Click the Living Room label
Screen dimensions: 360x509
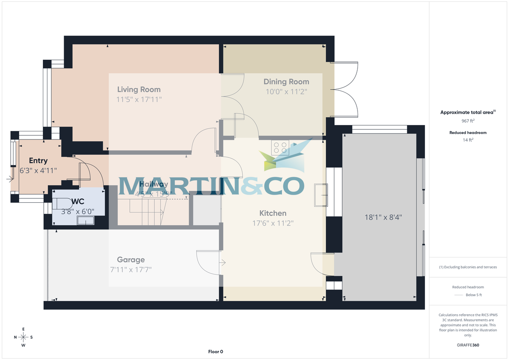coord(139,89)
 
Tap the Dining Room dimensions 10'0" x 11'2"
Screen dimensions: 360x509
coord(286,91)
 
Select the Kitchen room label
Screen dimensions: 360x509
coord(273,213)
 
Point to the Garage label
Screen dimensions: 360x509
coord(131,260)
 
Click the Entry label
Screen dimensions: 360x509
coord(38,161)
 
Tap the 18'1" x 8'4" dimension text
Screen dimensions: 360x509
coord(383,217)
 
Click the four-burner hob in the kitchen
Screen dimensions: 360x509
coord(280,148)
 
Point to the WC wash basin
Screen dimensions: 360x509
coord(86,220)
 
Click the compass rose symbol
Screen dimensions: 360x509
coord(23,337)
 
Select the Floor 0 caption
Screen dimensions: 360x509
coord(215,352)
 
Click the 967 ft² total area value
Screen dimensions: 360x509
coord(468,121)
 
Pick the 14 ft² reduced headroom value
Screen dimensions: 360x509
coord(468,140)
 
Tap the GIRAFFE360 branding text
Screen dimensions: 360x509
coord(468,345)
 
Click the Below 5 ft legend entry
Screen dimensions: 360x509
coord(473,295)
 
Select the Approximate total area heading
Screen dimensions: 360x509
coord(467,112)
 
